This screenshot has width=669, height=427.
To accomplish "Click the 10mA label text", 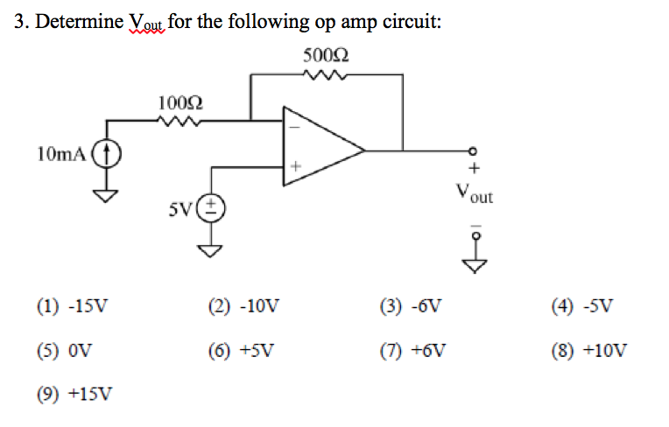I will tap(61, 154).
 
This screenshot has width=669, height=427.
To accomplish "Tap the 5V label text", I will tap(181, 210).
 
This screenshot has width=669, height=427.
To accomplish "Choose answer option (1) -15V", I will tap(74, 306).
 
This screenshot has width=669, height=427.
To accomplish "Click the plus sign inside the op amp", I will tap(295, 164).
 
